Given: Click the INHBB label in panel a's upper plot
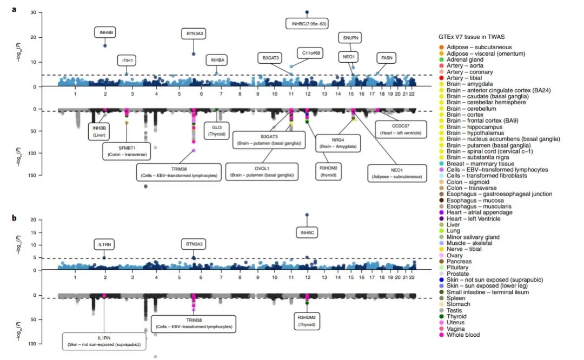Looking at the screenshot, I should coord(105,32).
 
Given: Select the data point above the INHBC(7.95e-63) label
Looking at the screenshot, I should coord(307,12).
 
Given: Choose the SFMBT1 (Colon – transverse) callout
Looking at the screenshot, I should coord(127,151).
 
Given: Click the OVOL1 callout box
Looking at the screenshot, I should coord(261,172).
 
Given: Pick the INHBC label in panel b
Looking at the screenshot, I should coord(307,232).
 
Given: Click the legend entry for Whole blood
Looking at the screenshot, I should coord(463,335).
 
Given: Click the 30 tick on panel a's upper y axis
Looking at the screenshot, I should coord(33,12).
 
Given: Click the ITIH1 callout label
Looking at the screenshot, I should coord(125,61).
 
